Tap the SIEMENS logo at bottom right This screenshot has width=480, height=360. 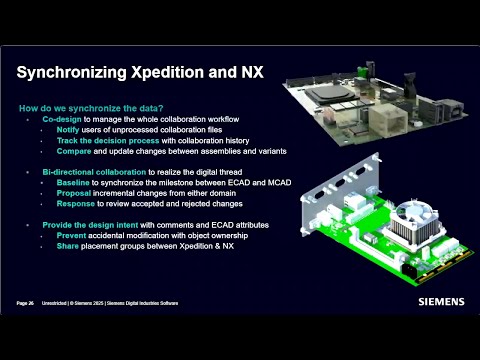tap(441, 298)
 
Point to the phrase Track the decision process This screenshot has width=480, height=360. tap(105, 141)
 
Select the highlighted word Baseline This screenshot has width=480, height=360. tap(73, 183)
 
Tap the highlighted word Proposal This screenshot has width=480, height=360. tap(74, 194)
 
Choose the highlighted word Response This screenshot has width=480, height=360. tap(75, 204)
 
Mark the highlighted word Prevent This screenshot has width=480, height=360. tap(72, 236)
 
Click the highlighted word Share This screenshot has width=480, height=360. tap(67, 247)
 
